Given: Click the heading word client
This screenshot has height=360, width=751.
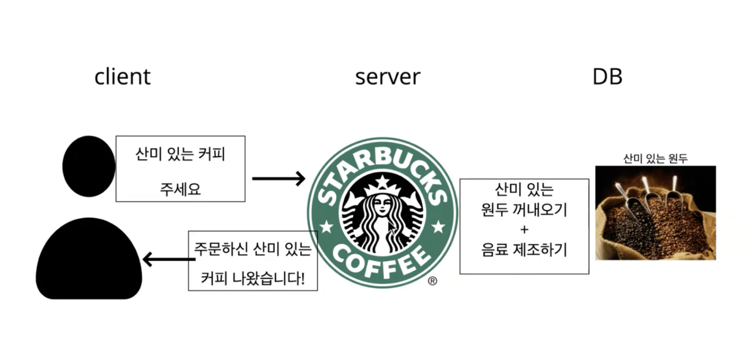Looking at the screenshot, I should point(122,77).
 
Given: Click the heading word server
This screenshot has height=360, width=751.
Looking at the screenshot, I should point(387,77).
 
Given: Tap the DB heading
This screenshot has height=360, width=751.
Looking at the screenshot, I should point(607,77).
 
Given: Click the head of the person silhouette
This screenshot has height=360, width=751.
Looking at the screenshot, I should point(88,166).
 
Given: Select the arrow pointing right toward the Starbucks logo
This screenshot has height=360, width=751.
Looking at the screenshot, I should point(278,178).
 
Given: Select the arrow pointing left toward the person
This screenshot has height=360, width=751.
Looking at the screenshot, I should point(168,260).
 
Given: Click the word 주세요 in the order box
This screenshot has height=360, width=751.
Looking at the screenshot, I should point(180,189).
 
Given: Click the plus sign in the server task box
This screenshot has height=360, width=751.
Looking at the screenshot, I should point(524,230).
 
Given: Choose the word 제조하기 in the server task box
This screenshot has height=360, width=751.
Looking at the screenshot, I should point(540,249).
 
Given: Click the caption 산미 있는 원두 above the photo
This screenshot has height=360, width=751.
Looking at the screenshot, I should point(655,158).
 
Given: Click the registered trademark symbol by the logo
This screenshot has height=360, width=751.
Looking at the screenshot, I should point(432,281).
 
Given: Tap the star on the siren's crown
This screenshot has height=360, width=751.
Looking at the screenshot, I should point(383,181).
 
